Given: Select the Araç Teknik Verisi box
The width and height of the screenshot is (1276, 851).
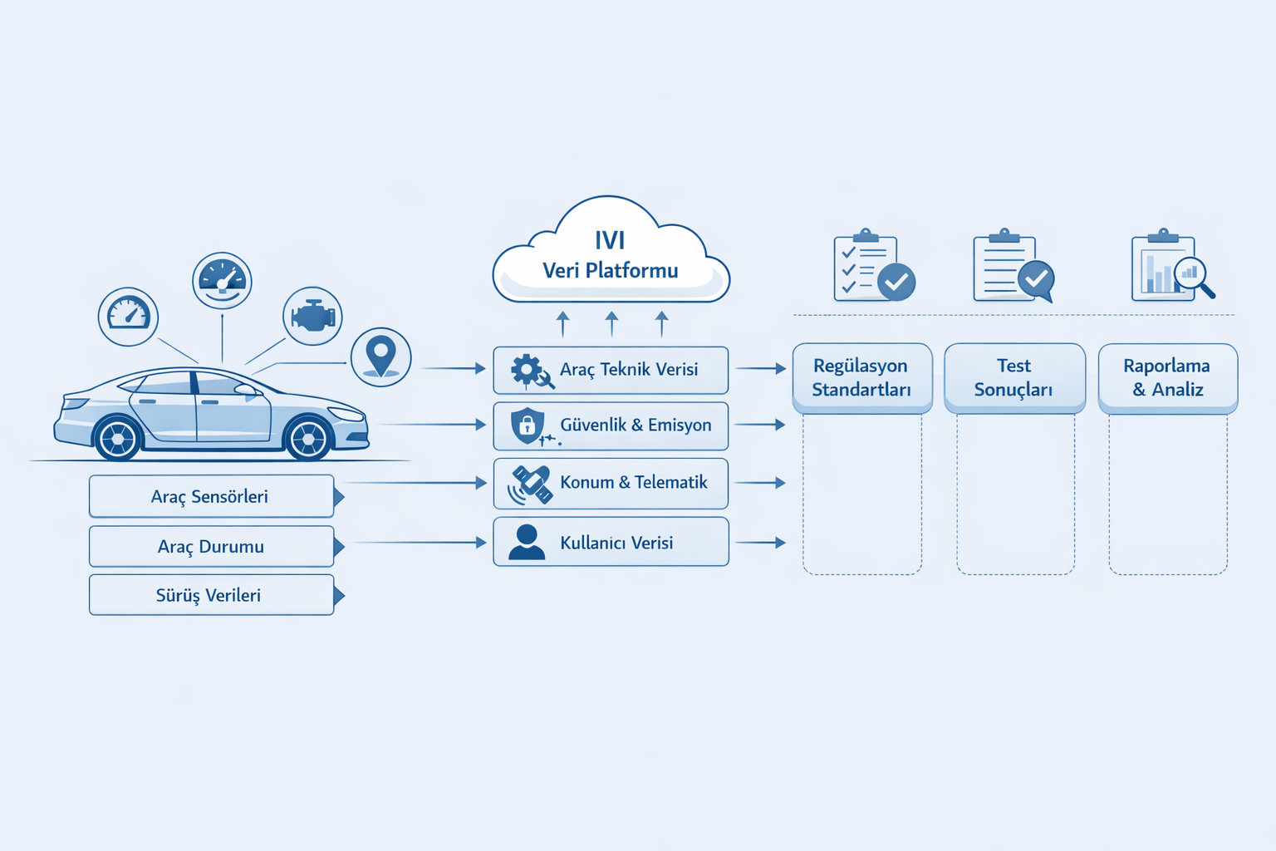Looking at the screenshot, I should [x=611, y=370].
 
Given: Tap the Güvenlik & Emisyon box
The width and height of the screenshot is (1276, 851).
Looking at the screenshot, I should [x=611, y=425].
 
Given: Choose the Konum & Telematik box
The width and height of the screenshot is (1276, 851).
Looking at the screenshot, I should [x=611, y=483].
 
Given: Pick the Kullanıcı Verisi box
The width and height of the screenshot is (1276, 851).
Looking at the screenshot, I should [x=611, y=542].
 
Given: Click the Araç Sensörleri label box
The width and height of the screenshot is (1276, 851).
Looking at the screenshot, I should [x=211, y=496].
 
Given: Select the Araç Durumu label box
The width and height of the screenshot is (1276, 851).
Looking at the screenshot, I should [x=211, y=546].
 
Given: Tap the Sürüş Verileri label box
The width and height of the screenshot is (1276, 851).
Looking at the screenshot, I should [x=211, y=595].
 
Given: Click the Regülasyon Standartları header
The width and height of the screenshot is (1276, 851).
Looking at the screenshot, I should [x=861, y=378].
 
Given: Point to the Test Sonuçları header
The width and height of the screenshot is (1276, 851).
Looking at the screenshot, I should [x=1014, y=378].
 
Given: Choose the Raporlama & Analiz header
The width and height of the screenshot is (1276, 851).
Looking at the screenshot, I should [x=1167, y=378].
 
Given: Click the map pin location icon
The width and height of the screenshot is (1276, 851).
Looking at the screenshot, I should [x=380, y=357].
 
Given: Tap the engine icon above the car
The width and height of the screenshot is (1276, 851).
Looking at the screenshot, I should [x=312, y=316].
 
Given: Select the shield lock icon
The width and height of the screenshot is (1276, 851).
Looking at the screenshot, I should [x=528, y=425].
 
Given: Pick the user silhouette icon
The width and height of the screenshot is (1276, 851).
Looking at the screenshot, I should [x=527, y=542].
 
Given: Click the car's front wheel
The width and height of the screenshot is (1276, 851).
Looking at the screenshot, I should [x=308, y=436].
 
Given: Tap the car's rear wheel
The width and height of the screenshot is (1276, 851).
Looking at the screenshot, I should [x=117, y=437].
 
